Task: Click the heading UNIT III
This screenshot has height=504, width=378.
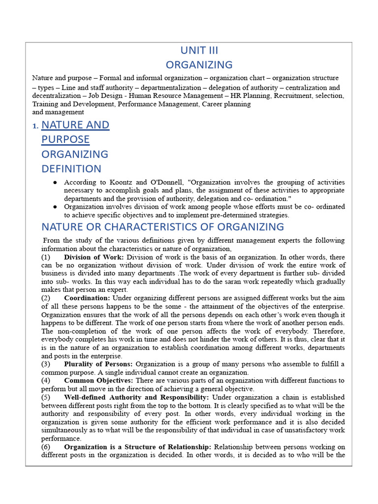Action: pyautogui.click(x=199, y=51)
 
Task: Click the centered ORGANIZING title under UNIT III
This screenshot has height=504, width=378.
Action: pyautogui.click(x=199, y=65)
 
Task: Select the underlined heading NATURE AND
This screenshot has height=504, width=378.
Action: pyautogui.click(x=75, y=125)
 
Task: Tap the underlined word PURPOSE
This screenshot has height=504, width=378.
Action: pyautogui.click(x=65, y=139)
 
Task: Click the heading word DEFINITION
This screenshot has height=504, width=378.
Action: pyautogui.click(x=71, y=169)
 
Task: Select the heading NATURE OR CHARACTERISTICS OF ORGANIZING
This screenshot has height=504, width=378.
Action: pyautogui.click(x=163, y=227)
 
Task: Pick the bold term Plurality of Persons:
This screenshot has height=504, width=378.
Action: pyautogui.click(x=99, y=364)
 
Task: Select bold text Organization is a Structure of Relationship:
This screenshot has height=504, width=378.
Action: pyautogui.click(x=138, y=447)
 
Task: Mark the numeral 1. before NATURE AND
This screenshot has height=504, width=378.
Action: pyautogui.click(x=35, y=126)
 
